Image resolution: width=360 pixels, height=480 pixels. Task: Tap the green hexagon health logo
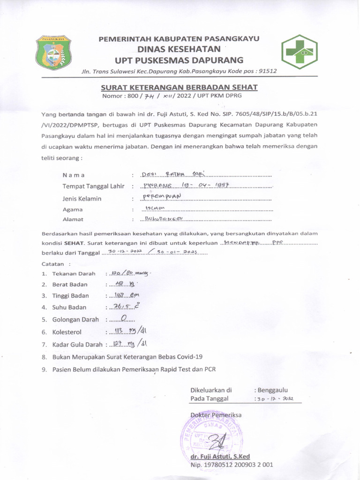pyautogui.click(x=299, y=52)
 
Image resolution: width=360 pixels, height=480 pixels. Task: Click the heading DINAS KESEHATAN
pyautogui.click(x=179, y=49)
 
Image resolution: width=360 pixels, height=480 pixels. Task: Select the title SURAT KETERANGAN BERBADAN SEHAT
pyautogui.click(x=179, y=87)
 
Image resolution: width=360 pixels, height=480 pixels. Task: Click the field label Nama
pyautogui.click(x=74, y=175)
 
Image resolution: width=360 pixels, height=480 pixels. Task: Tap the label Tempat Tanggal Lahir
pyautogui.click(x=93, y=186)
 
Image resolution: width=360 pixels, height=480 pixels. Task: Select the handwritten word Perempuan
pyautogui.click(x=161, y=196)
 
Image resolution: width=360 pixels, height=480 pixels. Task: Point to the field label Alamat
pyautogui.click(x=73, y=219)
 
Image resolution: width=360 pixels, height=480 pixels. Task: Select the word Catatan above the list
pyautogui.click(x=52, y=264)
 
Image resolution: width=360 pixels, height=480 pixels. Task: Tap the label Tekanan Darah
pyautogui.click(x=74, y=273)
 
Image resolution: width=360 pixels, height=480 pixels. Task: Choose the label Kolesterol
pyautogui.click(x=67, y=332)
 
